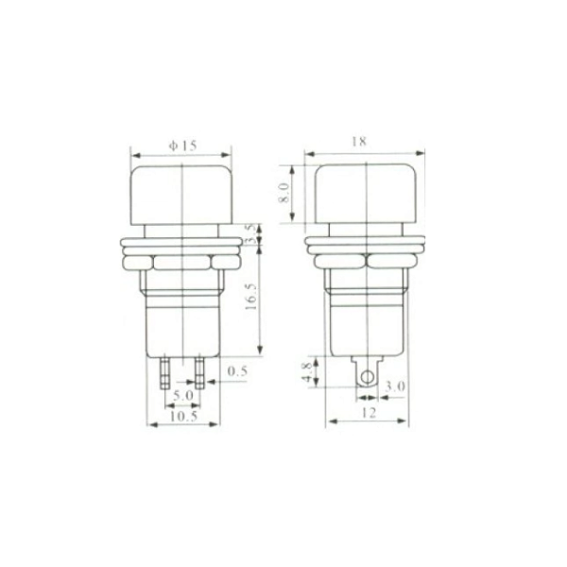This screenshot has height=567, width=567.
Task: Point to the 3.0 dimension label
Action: pyautogui.click(x=397, y=387)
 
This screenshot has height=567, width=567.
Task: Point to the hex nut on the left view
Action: pyautogui.click(x=180, y=262)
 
